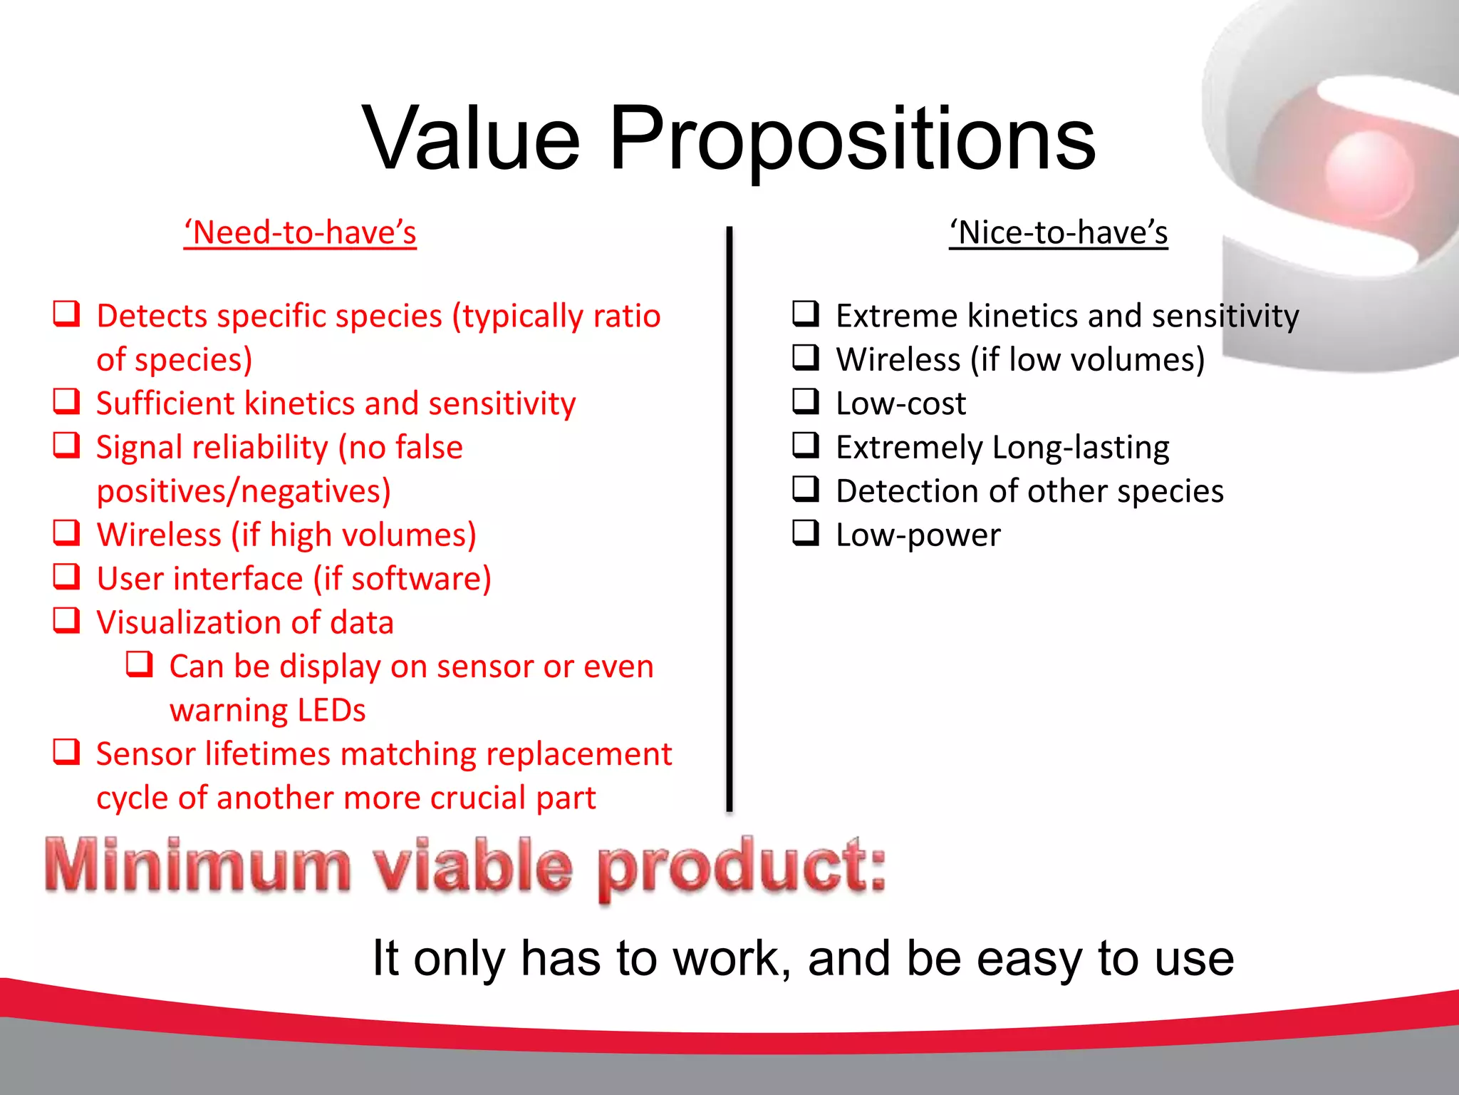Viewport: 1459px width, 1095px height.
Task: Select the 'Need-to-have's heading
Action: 300,233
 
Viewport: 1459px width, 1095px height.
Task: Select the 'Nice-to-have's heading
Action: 1059,233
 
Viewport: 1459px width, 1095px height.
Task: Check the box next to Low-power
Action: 806,533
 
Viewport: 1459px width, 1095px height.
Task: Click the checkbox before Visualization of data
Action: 67,620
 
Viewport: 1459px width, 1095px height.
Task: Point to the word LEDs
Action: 331,710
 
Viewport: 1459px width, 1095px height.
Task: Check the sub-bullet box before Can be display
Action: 140,664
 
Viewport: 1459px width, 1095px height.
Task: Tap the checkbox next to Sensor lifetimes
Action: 67,751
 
